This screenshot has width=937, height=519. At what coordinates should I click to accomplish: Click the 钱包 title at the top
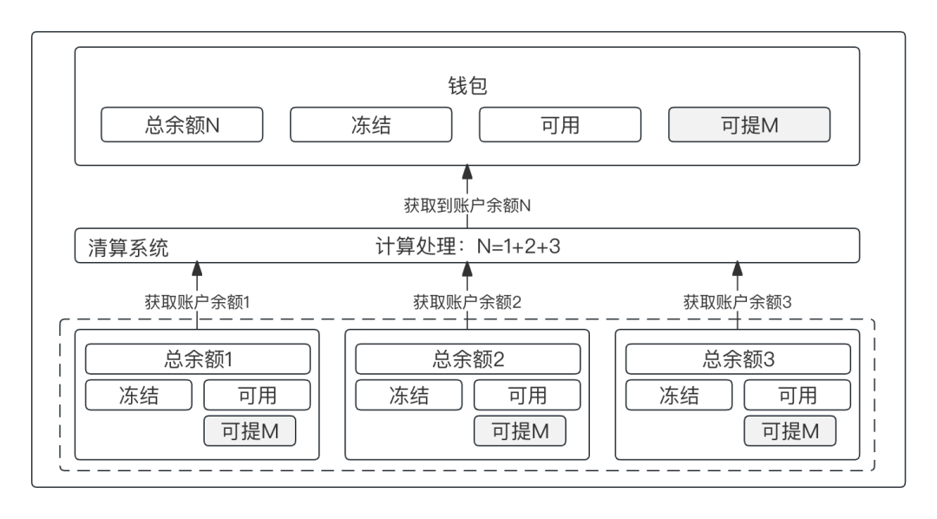[467, 86]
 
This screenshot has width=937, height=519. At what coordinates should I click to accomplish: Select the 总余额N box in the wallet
[181, 124]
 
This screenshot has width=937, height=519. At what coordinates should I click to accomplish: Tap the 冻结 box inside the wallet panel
[370, 124]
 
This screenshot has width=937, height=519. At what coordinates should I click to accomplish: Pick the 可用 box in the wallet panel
[560, 124]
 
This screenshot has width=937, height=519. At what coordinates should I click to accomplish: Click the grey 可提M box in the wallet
[749, 124]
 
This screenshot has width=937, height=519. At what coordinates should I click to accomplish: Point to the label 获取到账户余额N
[467, 206]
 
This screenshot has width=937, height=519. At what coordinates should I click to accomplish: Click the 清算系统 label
[128, 247]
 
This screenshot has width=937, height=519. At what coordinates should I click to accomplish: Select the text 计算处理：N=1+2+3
[468, 246]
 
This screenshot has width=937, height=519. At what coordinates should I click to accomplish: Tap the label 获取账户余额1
[197, 302]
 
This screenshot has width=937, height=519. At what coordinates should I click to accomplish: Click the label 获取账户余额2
[467, 302]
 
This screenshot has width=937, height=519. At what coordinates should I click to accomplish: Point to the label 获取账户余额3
[737, 302]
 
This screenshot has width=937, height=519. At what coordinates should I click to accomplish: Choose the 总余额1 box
[198, 358]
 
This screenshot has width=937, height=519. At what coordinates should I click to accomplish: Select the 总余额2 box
[468, 358]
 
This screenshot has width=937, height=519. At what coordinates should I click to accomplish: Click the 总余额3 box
[738, 358]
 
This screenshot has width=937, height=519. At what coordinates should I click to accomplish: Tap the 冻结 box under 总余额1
[139, 395]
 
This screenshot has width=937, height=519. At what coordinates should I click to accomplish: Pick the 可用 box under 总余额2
[527, 395]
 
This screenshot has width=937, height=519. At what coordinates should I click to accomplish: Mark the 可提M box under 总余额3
[790, 430]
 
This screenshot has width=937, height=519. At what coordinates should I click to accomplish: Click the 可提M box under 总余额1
[250, 430]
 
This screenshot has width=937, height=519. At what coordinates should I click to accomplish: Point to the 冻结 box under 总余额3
[679, 395]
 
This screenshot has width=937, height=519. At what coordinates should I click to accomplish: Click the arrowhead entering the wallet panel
[467, 171]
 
